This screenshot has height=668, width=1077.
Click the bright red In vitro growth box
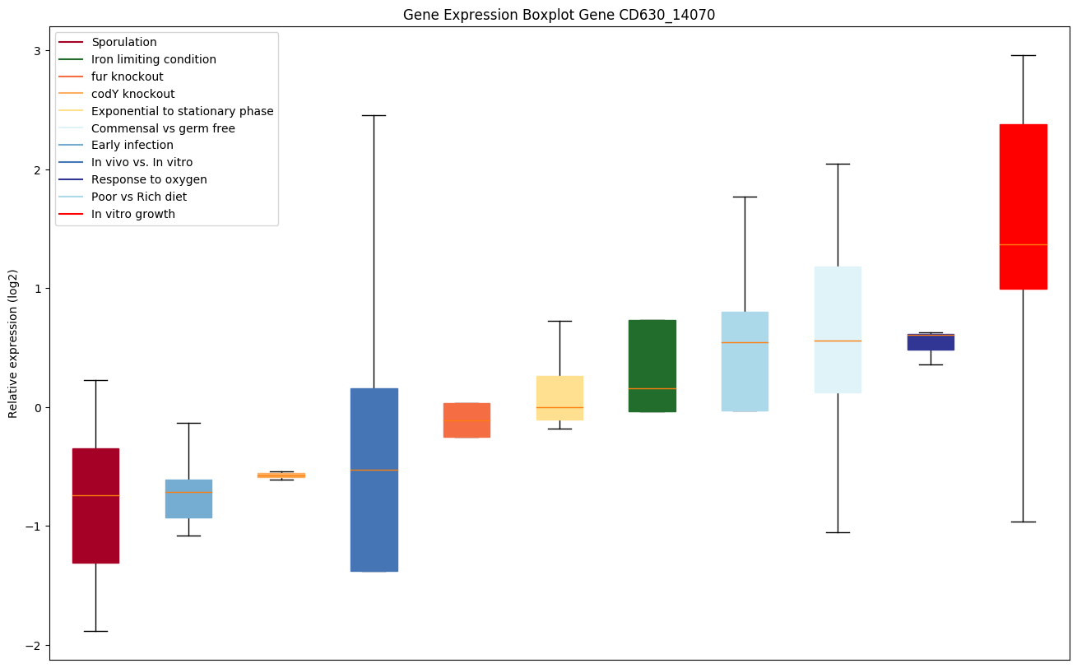click(x=1023, y=206)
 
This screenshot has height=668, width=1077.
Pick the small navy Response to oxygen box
click(x=931, y=341)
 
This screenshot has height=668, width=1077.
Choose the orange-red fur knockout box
click(x=467, y=420)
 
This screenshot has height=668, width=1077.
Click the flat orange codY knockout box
click(x=281, y=475)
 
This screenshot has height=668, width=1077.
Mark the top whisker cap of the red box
click(x=1023, y=55)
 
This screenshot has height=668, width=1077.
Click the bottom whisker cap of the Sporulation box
click(x=95, y=631)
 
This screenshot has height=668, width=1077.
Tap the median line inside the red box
click(x=1023, y=244)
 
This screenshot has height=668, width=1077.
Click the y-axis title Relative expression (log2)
click(x=13, y=343)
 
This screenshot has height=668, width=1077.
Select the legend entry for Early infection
click(x=132, y=145)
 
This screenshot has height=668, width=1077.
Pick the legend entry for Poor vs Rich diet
click(x=139, y=197)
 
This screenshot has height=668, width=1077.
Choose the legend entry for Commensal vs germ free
click(x=163, y=128)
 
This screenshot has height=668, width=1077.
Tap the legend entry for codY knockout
click(x=133, y=94)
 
